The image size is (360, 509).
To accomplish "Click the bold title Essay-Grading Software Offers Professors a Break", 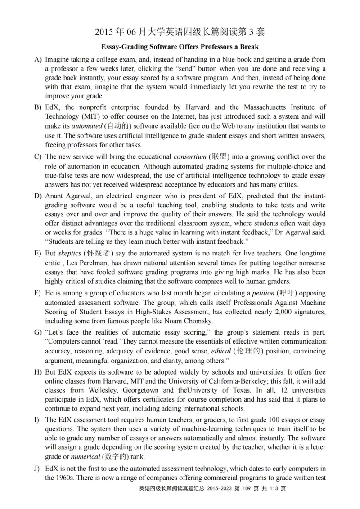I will [x=180, y=47].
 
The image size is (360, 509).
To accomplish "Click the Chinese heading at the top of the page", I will [x=180, y=32].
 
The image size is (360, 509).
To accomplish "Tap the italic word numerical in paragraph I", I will [x=84, y=457].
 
